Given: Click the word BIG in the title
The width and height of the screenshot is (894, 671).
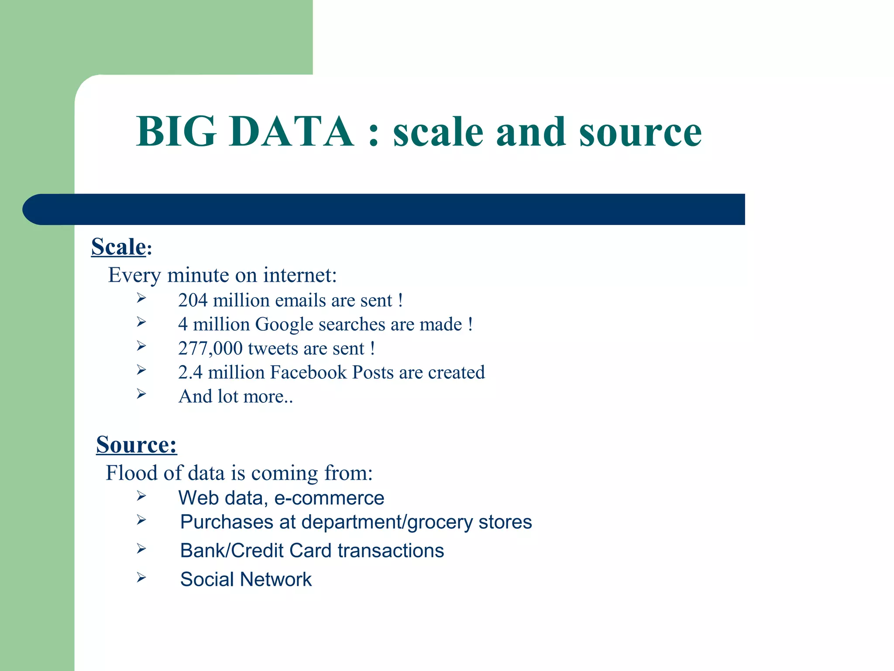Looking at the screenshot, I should tap(176, 131).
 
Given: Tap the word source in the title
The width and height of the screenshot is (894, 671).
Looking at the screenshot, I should tap(640, 132).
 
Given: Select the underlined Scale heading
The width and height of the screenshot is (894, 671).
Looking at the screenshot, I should tap(118, 247).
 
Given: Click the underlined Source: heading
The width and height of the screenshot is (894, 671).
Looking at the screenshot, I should tap(137, 445).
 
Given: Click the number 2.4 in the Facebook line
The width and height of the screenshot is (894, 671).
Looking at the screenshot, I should tap(190, 373).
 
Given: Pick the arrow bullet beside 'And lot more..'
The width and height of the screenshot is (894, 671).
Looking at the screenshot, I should tap(141, 394).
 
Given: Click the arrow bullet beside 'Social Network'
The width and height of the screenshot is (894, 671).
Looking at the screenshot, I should tap(141, 578).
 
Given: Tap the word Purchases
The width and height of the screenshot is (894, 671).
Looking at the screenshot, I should tap(227, 522).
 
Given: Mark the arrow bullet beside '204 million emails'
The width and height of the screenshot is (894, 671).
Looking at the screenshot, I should tap(141, 298).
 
